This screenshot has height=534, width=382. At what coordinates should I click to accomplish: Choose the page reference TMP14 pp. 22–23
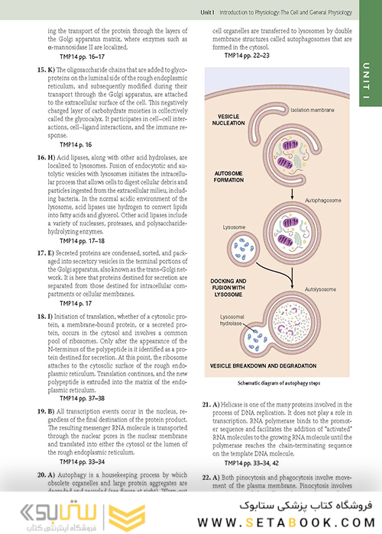click(243, 56)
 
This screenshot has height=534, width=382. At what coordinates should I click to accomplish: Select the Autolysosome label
click(322, 289)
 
